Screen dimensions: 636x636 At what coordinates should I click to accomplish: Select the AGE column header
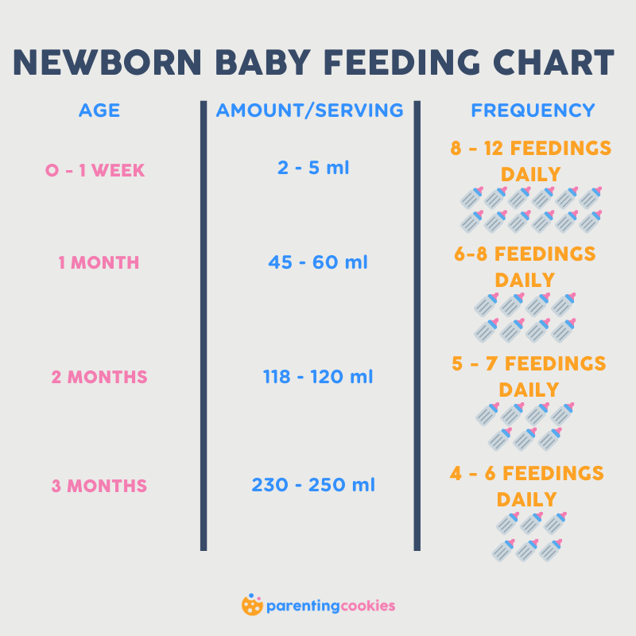99,111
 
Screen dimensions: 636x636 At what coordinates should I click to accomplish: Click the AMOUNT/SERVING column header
310,111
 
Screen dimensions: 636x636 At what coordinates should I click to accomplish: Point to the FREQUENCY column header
533,111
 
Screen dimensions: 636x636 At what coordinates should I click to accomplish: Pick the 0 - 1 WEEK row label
95,170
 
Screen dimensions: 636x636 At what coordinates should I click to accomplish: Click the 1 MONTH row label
99,262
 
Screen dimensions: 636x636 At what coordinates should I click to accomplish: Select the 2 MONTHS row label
99,377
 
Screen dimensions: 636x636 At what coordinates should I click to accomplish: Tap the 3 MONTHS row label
99,485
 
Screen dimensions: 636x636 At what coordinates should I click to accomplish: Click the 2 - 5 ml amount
314,168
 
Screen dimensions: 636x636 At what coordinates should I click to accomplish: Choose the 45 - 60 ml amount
317,262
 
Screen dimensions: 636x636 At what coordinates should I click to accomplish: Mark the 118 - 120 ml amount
317,377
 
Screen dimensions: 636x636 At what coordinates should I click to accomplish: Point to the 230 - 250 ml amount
313,484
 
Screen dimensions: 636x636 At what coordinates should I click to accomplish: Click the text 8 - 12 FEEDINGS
531,149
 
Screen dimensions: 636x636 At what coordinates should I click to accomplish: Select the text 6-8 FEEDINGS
525,254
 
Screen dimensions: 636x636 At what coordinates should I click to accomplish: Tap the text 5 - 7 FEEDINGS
529,364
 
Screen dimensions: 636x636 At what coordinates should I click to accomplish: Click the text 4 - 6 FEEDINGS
527,474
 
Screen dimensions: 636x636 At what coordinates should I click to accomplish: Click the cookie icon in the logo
252,605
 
